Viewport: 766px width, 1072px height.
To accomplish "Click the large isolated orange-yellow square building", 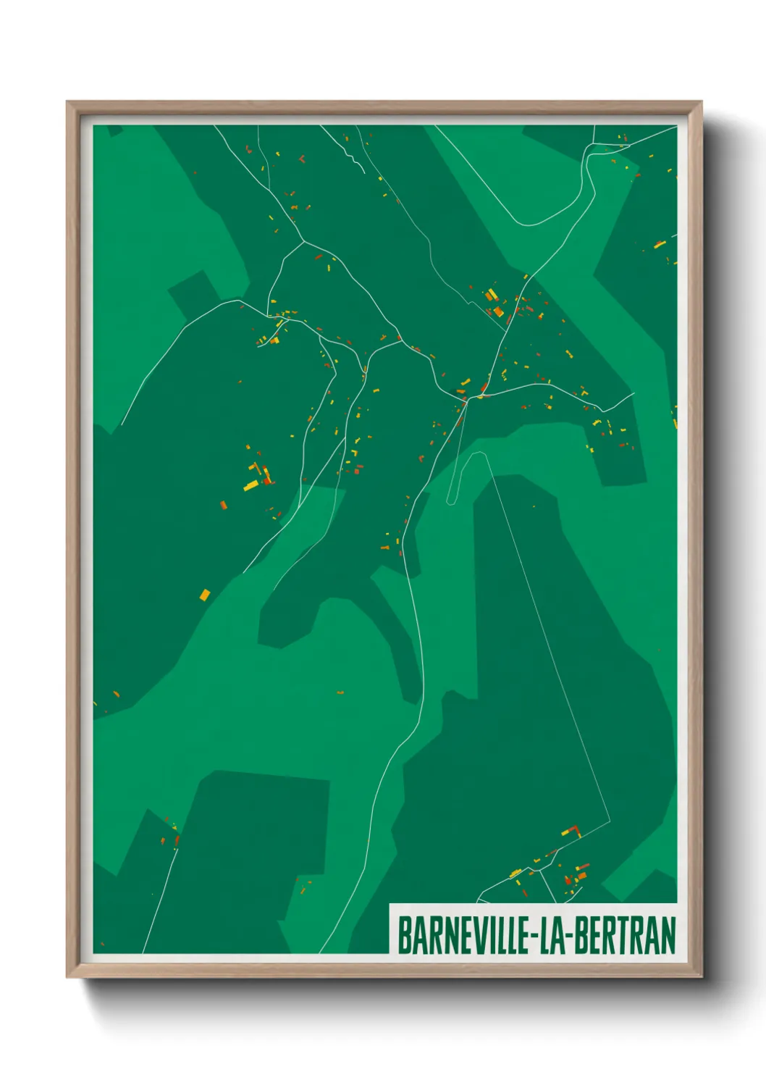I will [205, 595].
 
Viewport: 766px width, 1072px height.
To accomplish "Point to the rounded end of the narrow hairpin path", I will [451, 501].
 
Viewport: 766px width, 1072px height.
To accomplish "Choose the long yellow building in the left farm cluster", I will [251, 485].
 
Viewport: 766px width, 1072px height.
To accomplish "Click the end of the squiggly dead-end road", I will [363, 172].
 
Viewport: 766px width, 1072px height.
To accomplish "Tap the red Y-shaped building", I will [302, 157].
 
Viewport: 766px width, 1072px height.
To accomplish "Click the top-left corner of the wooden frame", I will [67, 102].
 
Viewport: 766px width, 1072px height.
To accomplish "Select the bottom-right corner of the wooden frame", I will [701, 977].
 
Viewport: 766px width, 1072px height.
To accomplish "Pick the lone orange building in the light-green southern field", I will [340, 692].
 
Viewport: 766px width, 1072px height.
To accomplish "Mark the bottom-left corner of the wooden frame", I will [67, 977].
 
